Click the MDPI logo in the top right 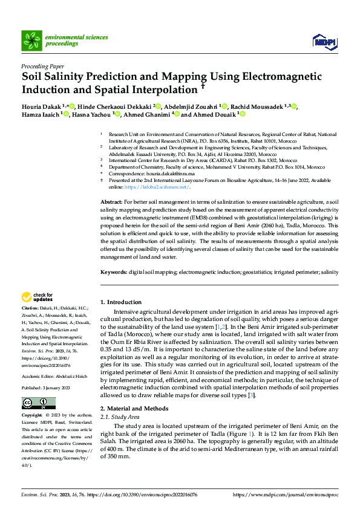click(x=324, y=41)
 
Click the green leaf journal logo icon click(x=31, y=41)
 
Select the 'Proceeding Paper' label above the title click(x=42, y=66)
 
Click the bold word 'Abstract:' click(x=111, y=201)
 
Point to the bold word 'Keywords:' click(x=113, y=273)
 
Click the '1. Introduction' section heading click(x=120, y=302)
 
